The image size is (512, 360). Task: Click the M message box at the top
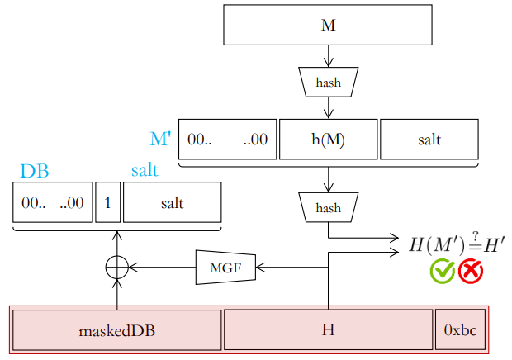(x=328, y=25)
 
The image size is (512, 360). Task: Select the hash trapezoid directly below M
(x=328, y=83)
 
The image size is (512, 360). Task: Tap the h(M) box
(x=328, y=140)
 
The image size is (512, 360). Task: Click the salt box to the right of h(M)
(x=429, y=140)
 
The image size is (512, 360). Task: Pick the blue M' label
(x=160, y=139)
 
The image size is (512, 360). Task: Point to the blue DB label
(x=35, y=171)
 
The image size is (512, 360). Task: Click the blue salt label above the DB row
(x=145, y=170)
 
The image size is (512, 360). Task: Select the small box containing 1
(x=107, y=202)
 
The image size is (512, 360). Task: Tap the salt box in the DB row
(x=172, y=202)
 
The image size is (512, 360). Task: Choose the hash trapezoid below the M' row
(x=328, y=207)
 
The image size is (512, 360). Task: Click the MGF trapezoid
(x=225, y=268)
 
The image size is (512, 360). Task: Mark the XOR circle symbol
(x=117, y=256)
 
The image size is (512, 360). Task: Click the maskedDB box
(x=117, y=330)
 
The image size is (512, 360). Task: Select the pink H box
(x=328, y=330)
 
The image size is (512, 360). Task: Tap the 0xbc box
(x=460, y=330)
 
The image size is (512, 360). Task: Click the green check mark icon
(x=443, y=271)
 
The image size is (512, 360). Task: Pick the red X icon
(x=471, y=272)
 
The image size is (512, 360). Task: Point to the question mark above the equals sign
(x=476, y=235)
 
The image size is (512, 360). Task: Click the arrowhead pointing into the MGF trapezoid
(x=260, y=268)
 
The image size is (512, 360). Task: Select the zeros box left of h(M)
(x=228, y=140)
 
